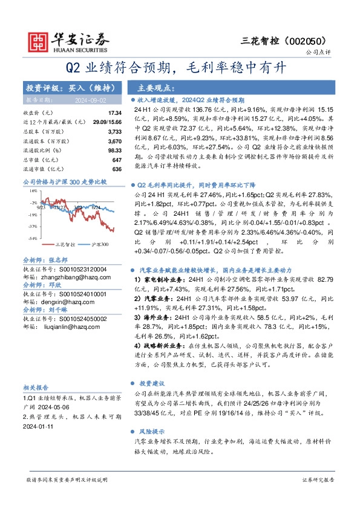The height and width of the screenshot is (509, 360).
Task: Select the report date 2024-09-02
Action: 91,100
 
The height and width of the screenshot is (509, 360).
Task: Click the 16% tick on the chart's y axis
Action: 32,190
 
